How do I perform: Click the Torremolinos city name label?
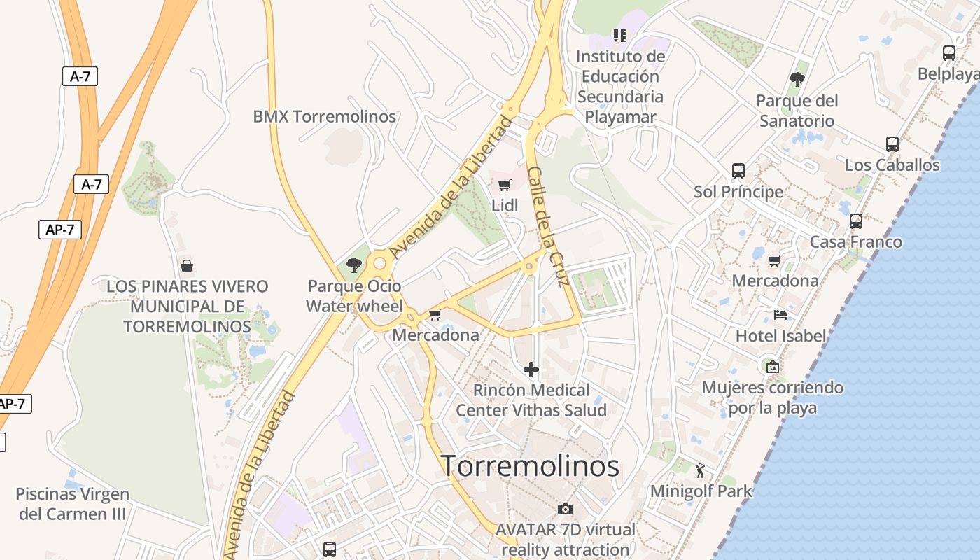530,465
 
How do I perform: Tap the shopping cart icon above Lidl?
504,185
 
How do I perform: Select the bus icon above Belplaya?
949,53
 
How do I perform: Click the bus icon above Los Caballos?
892,144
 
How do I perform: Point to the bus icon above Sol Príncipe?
738,171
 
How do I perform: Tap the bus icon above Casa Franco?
856,221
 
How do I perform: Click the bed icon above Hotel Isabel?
780,315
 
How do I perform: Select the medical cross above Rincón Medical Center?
531,369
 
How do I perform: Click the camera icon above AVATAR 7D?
566,509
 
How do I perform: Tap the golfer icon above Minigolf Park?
700,470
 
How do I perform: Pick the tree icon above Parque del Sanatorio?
797,79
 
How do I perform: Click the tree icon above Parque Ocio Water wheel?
354,265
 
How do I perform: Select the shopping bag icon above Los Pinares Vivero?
187,266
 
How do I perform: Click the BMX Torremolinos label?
325,116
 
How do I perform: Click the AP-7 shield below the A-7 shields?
60,230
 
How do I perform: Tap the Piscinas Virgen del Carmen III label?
72,504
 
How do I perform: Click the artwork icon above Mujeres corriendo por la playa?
773,367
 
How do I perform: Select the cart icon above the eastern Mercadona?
774,260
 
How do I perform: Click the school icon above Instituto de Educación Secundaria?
620,35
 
